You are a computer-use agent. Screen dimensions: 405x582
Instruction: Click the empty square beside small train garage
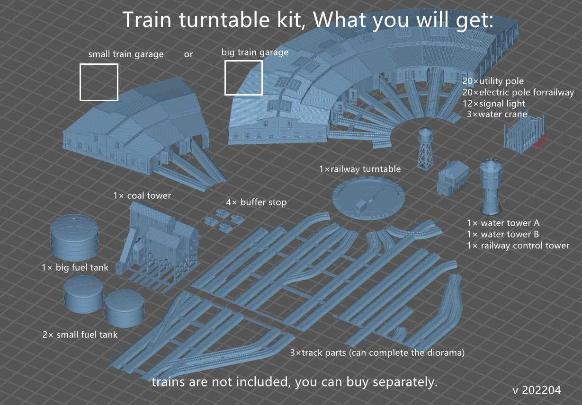point(98,82)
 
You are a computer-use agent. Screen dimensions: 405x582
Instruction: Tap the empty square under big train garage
point(243,77)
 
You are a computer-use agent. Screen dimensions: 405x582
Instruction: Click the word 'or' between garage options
point(188,54)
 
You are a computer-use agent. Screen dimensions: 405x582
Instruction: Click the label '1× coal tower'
point(142,195)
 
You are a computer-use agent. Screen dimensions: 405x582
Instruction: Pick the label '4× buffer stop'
point(256,202)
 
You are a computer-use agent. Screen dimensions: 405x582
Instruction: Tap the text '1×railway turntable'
point(360,169)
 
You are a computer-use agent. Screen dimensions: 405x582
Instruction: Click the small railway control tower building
point(453,178)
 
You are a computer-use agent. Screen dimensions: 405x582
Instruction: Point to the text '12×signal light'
point(494,104)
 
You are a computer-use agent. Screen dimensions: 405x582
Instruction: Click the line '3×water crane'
point(497,114)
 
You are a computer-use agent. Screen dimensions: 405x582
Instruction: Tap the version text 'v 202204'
point(537,390)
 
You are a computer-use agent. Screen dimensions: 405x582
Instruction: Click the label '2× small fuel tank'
point(80,335)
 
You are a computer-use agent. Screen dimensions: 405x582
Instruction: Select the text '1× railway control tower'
point(518,246)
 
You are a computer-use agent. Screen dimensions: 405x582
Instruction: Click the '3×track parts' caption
point(377,352)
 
